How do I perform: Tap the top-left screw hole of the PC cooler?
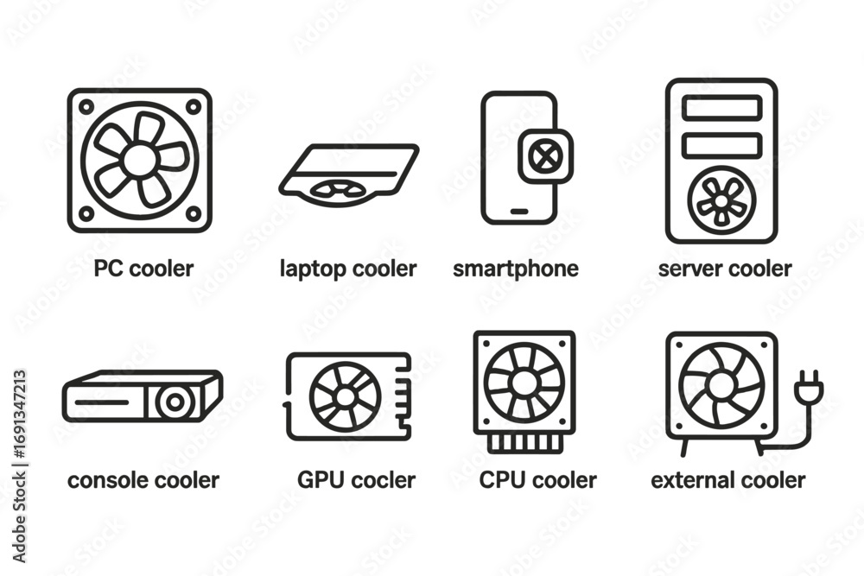(86, 107)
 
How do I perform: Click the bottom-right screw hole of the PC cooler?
(194, 213)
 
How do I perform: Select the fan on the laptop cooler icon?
(338, 189)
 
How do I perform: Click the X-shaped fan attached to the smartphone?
(543, 156)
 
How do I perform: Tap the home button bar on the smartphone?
(519, 212)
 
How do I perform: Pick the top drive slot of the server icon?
(721, 107)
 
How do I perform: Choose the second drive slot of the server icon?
(721, 145)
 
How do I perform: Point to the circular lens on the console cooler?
(175, 402)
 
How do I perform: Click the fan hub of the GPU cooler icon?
(345, 396)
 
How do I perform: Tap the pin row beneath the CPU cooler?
(524, 442)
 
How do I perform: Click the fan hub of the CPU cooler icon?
(524, 382)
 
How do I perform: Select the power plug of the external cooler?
(808, 386)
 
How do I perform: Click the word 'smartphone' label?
(516, 269)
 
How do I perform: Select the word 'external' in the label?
(696, 480)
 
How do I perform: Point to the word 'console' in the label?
(101, 480)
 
